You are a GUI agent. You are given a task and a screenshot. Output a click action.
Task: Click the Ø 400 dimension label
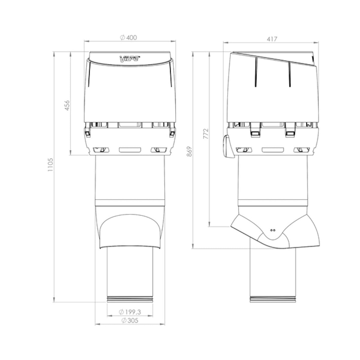pyautogui.click(x=128, y=38)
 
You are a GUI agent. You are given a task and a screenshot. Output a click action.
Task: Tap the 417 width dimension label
pyautogui.click(x=272, y=39)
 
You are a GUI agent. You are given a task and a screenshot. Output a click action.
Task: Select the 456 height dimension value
pyautogui.click(x=67, y=105)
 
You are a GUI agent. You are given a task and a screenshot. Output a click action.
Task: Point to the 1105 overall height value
pyautogui.click(x=50, y=165)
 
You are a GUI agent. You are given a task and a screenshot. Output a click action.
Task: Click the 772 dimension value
pyautogui.click(x=205, y=133)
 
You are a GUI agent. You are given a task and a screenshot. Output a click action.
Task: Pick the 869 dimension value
pyautogui.click(x=189, y=151)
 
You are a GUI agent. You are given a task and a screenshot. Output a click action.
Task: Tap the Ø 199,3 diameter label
pyautogui.click(x=130, y=312)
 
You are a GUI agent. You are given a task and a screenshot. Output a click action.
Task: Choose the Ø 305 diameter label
pyautogui.click(x=130, y=321)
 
